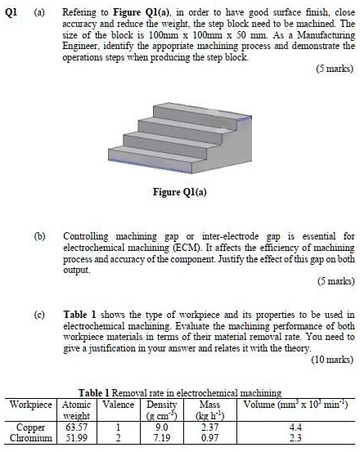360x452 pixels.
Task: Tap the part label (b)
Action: click(x=39, y=236)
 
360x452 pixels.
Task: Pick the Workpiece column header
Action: click(x=30, y=404)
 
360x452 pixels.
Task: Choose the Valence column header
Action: click(x=119, y=404)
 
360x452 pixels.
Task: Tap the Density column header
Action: click(x=161, y=404)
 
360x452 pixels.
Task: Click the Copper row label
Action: click(x=30, y=427)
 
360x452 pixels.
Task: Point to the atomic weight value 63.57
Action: click(x=76, y=427)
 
